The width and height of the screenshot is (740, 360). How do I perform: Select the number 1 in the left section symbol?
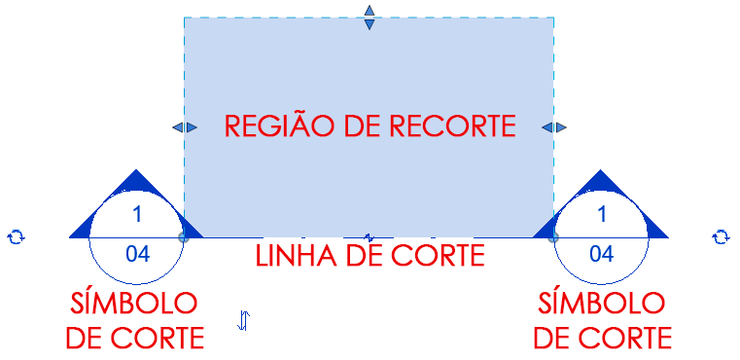coord(137,214)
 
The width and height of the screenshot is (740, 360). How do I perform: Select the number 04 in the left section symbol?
coord(137,255)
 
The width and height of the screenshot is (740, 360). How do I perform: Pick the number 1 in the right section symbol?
coord(601,214)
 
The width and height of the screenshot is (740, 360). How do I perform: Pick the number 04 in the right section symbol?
coord(601,255)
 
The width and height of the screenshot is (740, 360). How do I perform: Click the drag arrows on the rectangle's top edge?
coord(369,17)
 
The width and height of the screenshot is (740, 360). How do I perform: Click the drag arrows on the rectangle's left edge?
coord(184,127)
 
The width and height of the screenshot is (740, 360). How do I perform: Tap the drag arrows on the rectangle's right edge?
coord(554,127)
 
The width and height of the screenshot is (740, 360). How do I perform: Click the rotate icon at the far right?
coord(721,236)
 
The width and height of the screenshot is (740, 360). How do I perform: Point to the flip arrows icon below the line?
coord(244,319)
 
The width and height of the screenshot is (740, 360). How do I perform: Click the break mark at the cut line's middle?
coord(369,236)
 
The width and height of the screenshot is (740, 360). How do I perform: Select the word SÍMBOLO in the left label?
coord(134,303)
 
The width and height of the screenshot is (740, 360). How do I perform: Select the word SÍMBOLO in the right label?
coord(602,303)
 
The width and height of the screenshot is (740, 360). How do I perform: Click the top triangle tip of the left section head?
coord(136,174)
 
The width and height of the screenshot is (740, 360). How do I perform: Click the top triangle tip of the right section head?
coord(601,174)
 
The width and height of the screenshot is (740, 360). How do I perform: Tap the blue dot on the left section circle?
coord(184,236)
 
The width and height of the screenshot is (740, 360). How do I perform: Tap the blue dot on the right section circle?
coord(553,236)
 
